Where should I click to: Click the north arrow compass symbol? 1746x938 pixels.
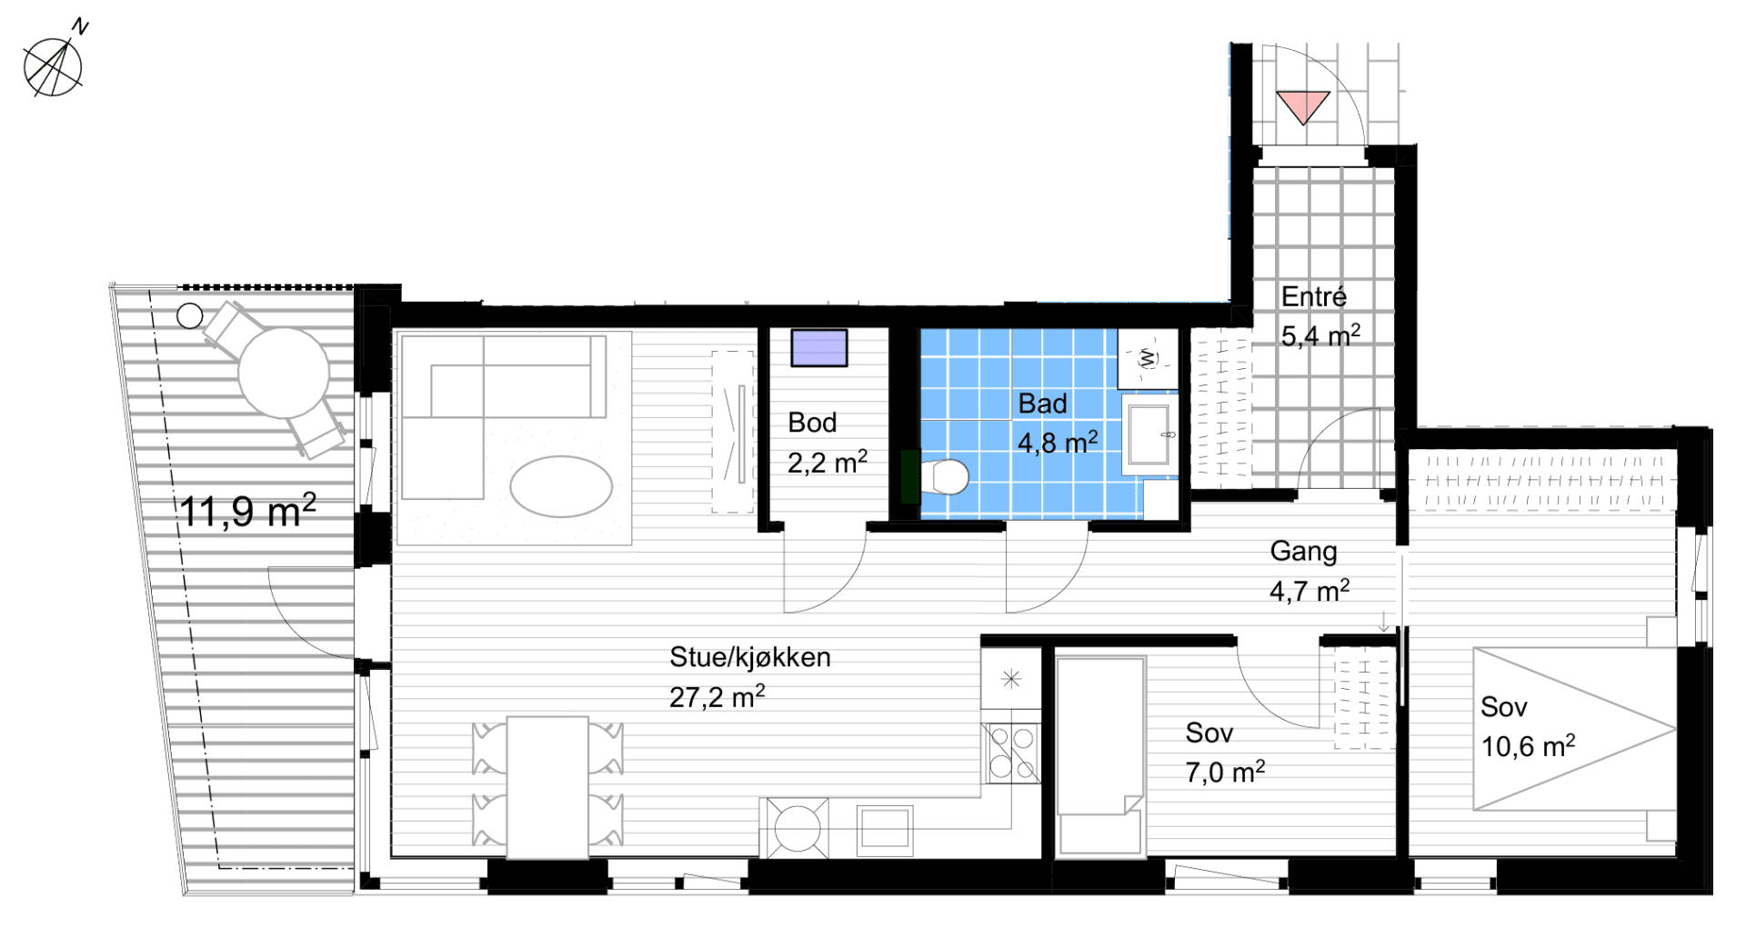[54, 65]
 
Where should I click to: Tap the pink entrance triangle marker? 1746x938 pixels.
[1303, 105]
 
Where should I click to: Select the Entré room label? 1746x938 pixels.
[1314, 296]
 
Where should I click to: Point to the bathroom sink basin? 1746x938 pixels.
[1149, 434]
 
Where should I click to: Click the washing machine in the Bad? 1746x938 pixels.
[1148, 358]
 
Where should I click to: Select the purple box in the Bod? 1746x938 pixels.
[818, 347]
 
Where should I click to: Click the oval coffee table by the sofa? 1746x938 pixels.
[561, 486]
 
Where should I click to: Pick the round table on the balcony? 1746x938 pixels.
[284, 373]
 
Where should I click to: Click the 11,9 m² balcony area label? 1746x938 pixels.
[247, 511]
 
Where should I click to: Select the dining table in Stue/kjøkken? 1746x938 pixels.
[547, 787]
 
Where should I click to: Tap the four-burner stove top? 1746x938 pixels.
[1011, 753]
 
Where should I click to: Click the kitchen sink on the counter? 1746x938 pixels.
[885, 829]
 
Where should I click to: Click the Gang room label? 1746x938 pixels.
[1303, 551]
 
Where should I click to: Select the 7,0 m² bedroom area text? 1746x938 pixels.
[1225, 773]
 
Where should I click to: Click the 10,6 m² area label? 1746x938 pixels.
[1528, 746]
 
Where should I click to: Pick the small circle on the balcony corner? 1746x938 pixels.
[190, 315]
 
